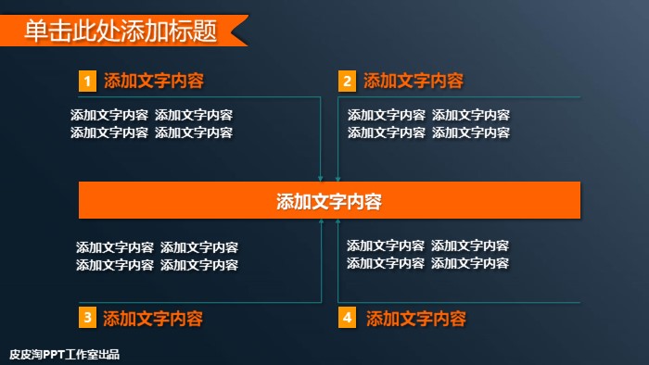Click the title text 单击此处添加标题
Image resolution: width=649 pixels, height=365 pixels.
coord(121,31)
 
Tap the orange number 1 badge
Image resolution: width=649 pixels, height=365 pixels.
coord(87,82)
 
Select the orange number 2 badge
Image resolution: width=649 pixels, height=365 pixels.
coord(347,82)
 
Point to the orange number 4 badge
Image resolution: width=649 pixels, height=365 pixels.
coord(347,319)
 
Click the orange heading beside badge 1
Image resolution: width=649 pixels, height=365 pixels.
coord(154,81)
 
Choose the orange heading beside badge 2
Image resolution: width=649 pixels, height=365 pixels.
coord(414,81)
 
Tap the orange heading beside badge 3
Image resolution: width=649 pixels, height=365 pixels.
coord(153,319)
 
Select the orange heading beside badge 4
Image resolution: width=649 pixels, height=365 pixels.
coord(416,319)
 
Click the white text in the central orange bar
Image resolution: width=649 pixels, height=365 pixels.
coord(329,201)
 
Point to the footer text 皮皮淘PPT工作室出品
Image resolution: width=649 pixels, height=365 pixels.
coord(64,354)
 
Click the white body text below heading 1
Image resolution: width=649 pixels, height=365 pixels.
coord(151,124)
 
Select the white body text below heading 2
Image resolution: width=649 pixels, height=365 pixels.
coord(428,124)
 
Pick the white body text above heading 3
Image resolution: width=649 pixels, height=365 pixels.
coord(157,257)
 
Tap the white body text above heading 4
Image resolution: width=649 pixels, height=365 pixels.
coord(427,255)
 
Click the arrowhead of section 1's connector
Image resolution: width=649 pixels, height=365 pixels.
coord(321,178)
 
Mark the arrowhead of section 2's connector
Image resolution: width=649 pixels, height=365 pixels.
coord(337,178)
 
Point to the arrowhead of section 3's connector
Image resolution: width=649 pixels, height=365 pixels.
coord(321,222)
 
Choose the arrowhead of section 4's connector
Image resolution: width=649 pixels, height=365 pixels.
coord(337,222)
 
